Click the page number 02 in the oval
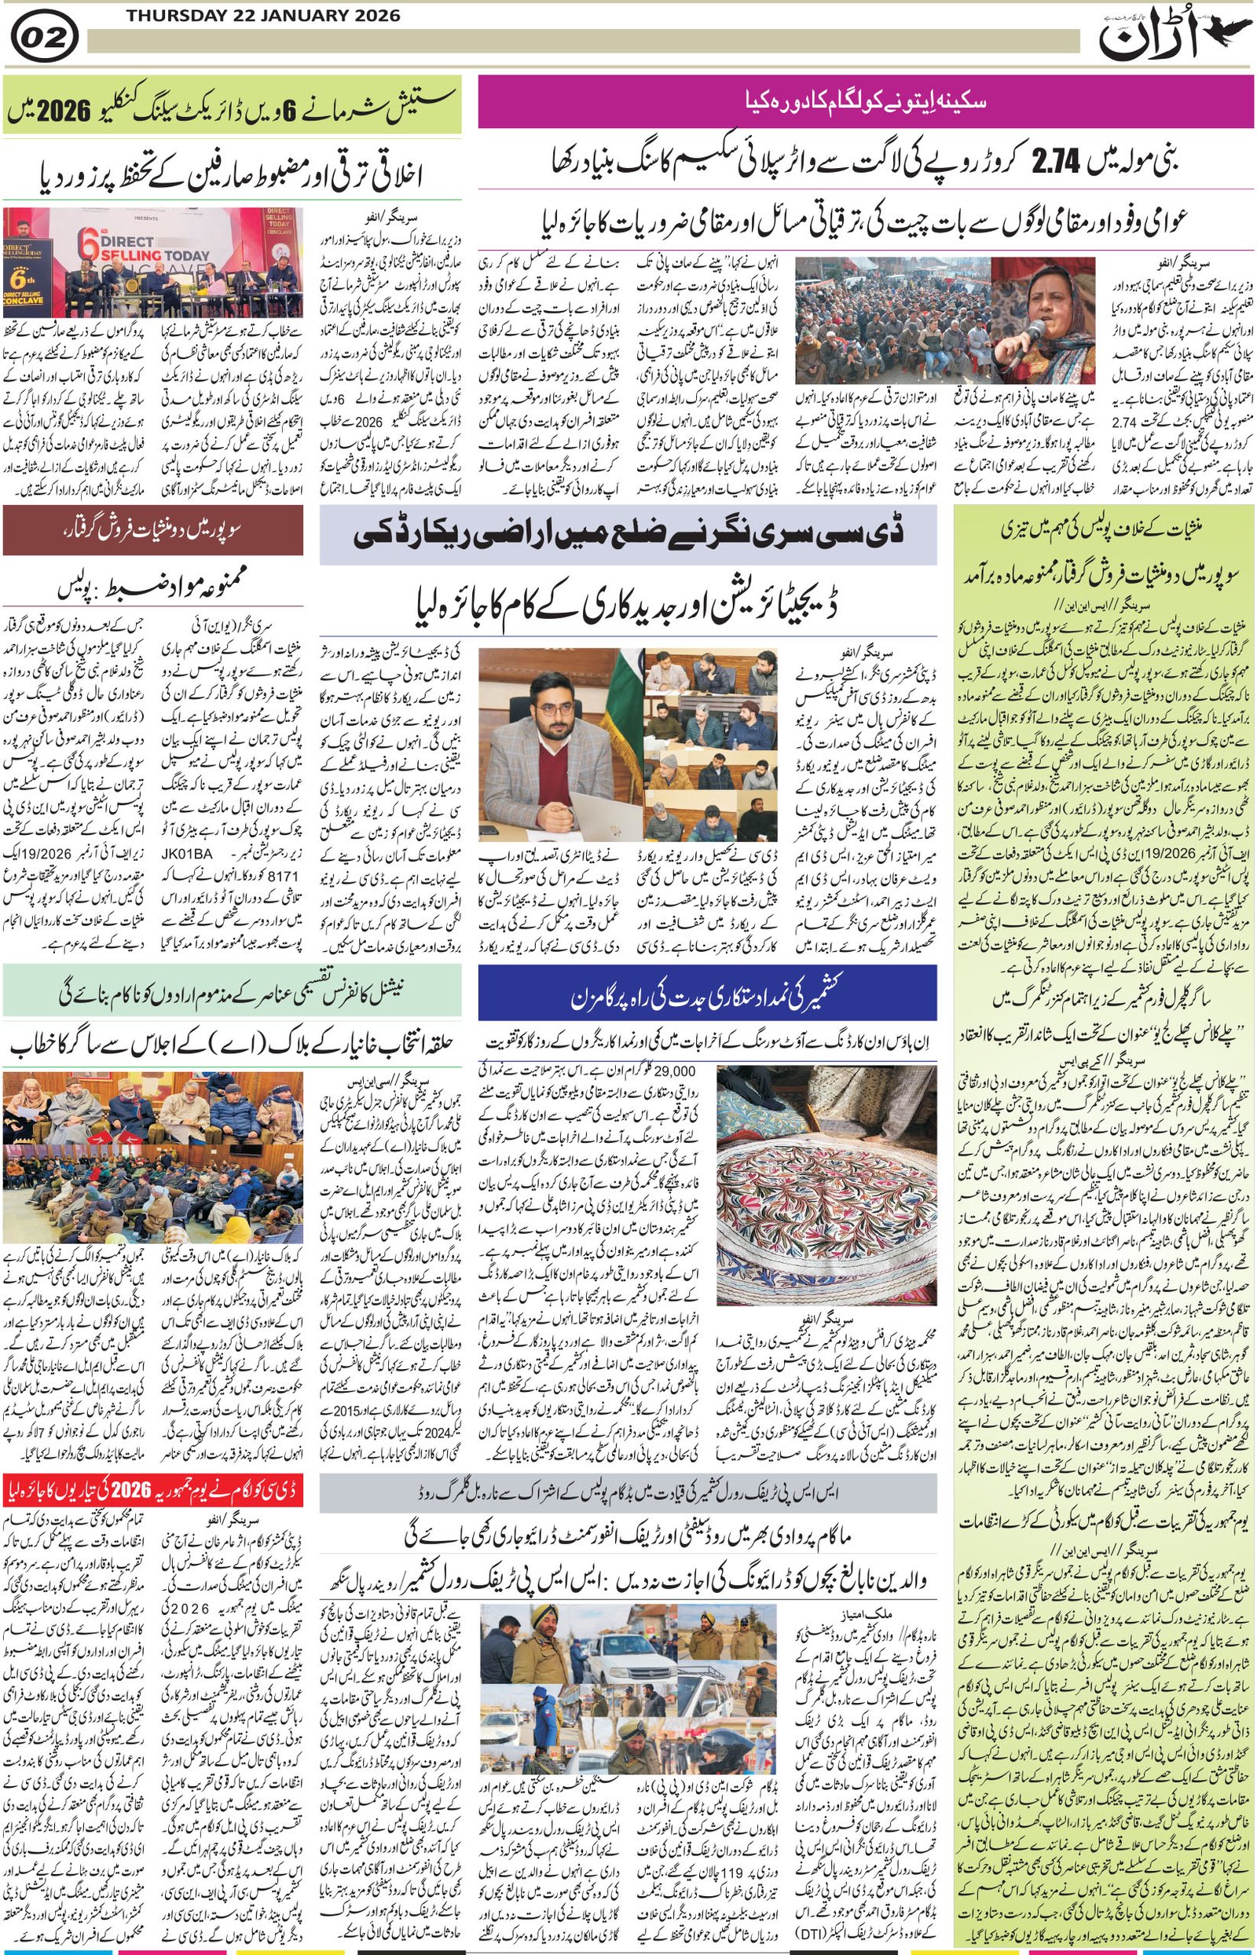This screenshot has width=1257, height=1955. click(46, 38)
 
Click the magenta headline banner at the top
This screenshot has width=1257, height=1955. click(865, 101)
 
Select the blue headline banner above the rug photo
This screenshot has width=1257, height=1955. click(707, 993)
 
